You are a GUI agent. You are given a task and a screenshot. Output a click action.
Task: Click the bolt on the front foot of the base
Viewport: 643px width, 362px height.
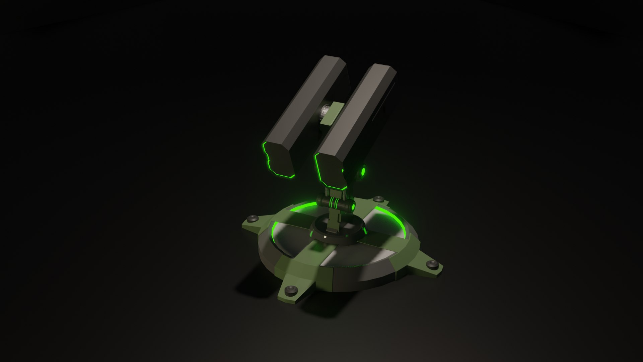pyautogui.click(x=291, y=290)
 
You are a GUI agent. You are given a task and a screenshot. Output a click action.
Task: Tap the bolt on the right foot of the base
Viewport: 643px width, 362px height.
pyautogui.click(x=432, y=265)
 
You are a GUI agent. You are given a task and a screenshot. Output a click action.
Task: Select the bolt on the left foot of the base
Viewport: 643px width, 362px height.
pyautogui.click(x=253, y=219)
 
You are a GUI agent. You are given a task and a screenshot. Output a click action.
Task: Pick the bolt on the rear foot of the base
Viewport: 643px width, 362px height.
pyautogui.click(x=378, y=199)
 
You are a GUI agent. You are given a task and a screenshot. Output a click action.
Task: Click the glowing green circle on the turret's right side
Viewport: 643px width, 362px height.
pyautogui.click(x=363, y=172)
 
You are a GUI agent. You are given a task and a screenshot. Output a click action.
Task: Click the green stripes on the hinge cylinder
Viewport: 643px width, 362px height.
pyautogui.click(x=333, y=203)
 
